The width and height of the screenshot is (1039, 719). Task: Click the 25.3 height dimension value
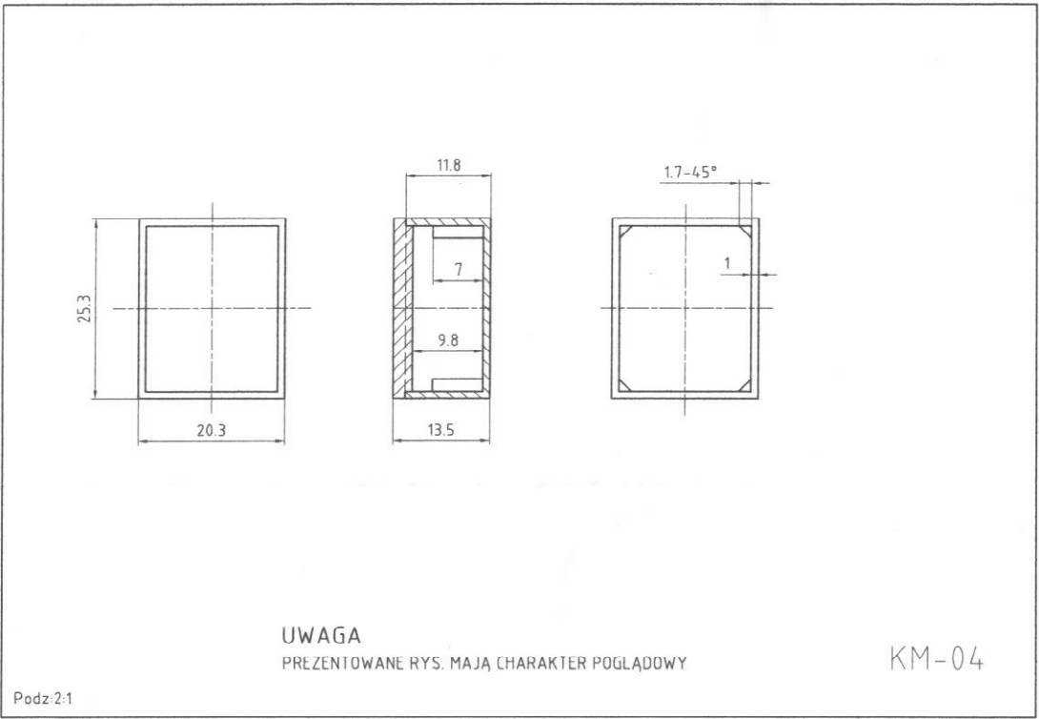click(85, 309)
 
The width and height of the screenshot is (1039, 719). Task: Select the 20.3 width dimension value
click(212, 431)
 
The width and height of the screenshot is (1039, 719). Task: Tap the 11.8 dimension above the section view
click(449, 166)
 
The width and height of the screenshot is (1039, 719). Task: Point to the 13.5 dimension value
click(440, 431)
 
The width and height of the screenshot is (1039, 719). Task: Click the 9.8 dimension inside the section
click(448, 340)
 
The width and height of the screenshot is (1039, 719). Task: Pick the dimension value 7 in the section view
click(458, 270)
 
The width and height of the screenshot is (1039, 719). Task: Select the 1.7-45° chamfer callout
click(690, 173)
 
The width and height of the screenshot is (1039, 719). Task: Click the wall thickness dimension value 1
click(726, 264)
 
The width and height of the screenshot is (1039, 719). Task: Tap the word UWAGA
click(321, 636)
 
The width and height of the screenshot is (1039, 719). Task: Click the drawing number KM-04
click(937, 659)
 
